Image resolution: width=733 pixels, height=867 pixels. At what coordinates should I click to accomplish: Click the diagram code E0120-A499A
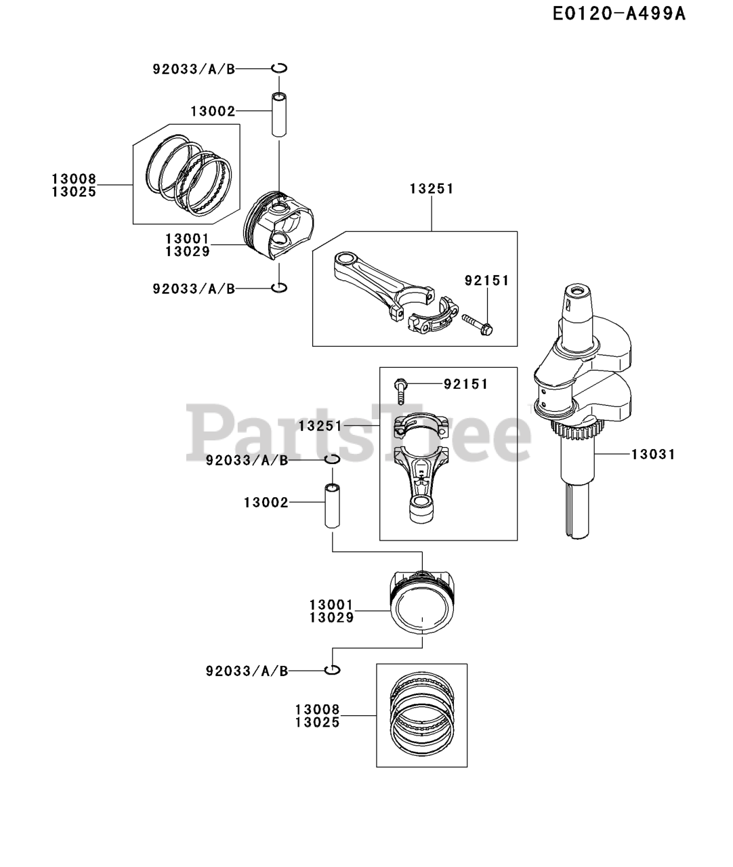619,14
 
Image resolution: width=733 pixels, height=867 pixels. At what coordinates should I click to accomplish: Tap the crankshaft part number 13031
653,454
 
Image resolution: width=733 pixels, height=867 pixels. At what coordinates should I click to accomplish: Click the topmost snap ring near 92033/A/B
280,68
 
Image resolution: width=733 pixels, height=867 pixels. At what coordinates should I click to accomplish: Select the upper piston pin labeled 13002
279,114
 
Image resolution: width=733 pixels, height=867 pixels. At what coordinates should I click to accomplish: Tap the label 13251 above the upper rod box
431,189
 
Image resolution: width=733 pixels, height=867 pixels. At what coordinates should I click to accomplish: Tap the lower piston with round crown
421,602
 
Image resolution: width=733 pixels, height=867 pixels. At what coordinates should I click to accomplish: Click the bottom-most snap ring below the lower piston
332,670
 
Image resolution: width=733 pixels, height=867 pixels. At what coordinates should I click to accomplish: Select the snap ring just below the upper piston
279,288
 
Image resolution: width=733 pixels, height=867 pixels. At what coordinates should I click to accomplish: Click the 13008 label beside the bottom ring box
317,710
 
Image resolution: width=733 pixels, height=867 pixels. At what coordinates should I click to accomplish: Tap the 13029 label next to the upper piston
187,252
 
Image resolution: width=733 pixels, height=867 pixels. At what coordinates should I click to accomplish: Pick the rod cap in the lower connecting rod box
421,427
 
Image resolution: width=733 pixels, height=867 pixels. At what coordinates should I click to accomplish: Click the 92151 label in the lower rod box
466,384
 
